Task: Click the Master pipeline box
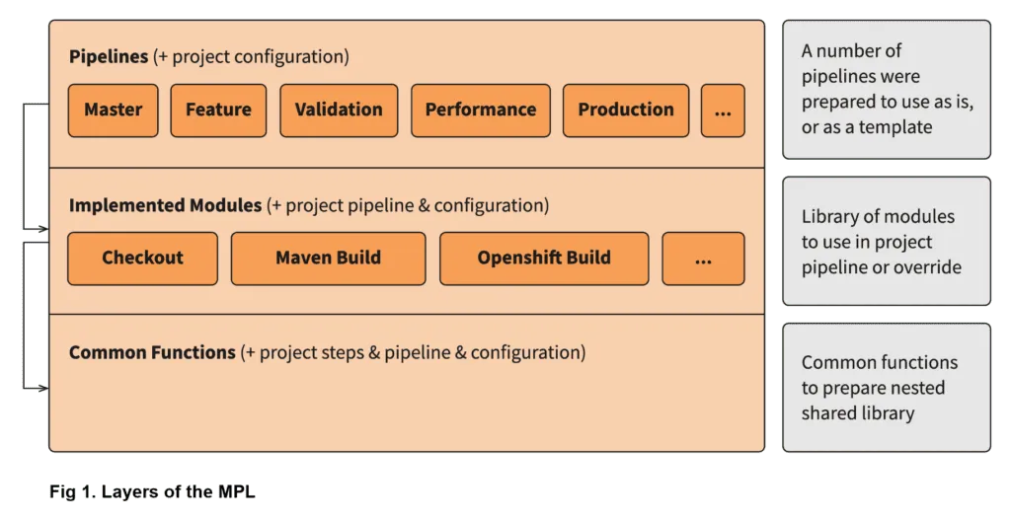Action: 113,110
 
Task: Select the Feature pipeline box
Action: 218,110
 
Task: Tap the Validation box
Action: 339,110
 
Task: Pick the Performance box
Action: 480,110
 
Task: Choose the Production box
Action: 626,110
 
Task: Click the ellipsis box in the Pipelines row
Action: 723,110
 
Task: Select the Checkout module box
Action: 142,258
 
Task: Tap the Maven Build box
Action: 328,258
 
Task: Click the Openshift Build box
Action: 544,258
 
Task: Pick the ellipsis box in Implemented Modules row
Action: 703,258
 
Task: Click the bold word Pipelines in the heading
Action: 109,56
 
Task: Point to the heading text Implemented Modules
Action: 165,205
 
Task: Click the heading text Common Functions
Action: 152,352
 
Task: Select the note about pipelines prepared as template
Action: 886,89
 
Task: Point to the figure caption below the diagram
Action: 154,490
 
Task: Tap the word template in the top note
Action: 894,127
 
